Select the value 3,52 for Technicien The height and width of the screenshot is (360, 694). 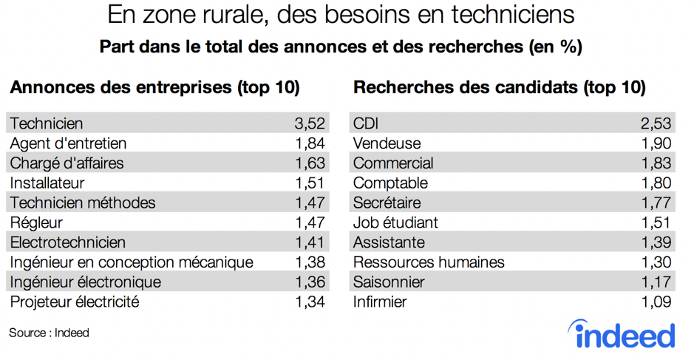coord(309,123)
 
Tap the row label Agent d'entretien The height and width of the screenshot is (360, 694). coord(68,143)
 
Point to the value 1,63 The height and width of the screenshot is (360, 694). coord(309,163)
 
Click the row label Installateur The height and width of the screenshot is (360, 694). coord(47,183)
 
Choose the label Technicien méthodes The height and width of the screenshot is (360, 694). coord(83,203)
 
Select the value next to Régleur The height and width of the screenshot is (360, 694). coord(309,223)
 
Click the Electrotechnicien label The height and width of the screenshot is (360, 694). coord(68,242)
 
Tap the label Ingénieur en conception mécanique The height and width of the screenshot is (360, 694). coord(132,262)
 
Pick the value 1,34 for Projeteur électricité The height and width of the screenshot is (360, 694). coord(309,302)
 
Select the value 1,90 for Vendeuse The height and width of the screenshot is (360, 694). coord(656,143)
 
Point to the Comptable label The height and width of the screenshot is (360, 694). coord(390,183)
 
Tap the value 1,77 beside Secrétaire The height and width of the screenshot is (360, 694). coord(656,203)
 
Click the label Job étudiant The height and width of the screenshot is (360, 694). coord(395,223)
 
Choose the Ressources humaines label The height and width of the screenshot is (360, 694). coord(429,262)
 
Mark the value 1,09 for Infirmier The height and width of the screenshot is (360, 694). coord(656,302)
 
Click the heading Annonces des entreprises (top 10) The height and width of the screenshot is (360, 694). coord(154,87)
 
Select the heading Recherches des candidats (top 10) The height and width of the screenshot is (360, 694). coord(500,87)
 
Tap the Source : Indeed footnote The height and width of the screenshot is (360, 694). coord(49,333)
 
